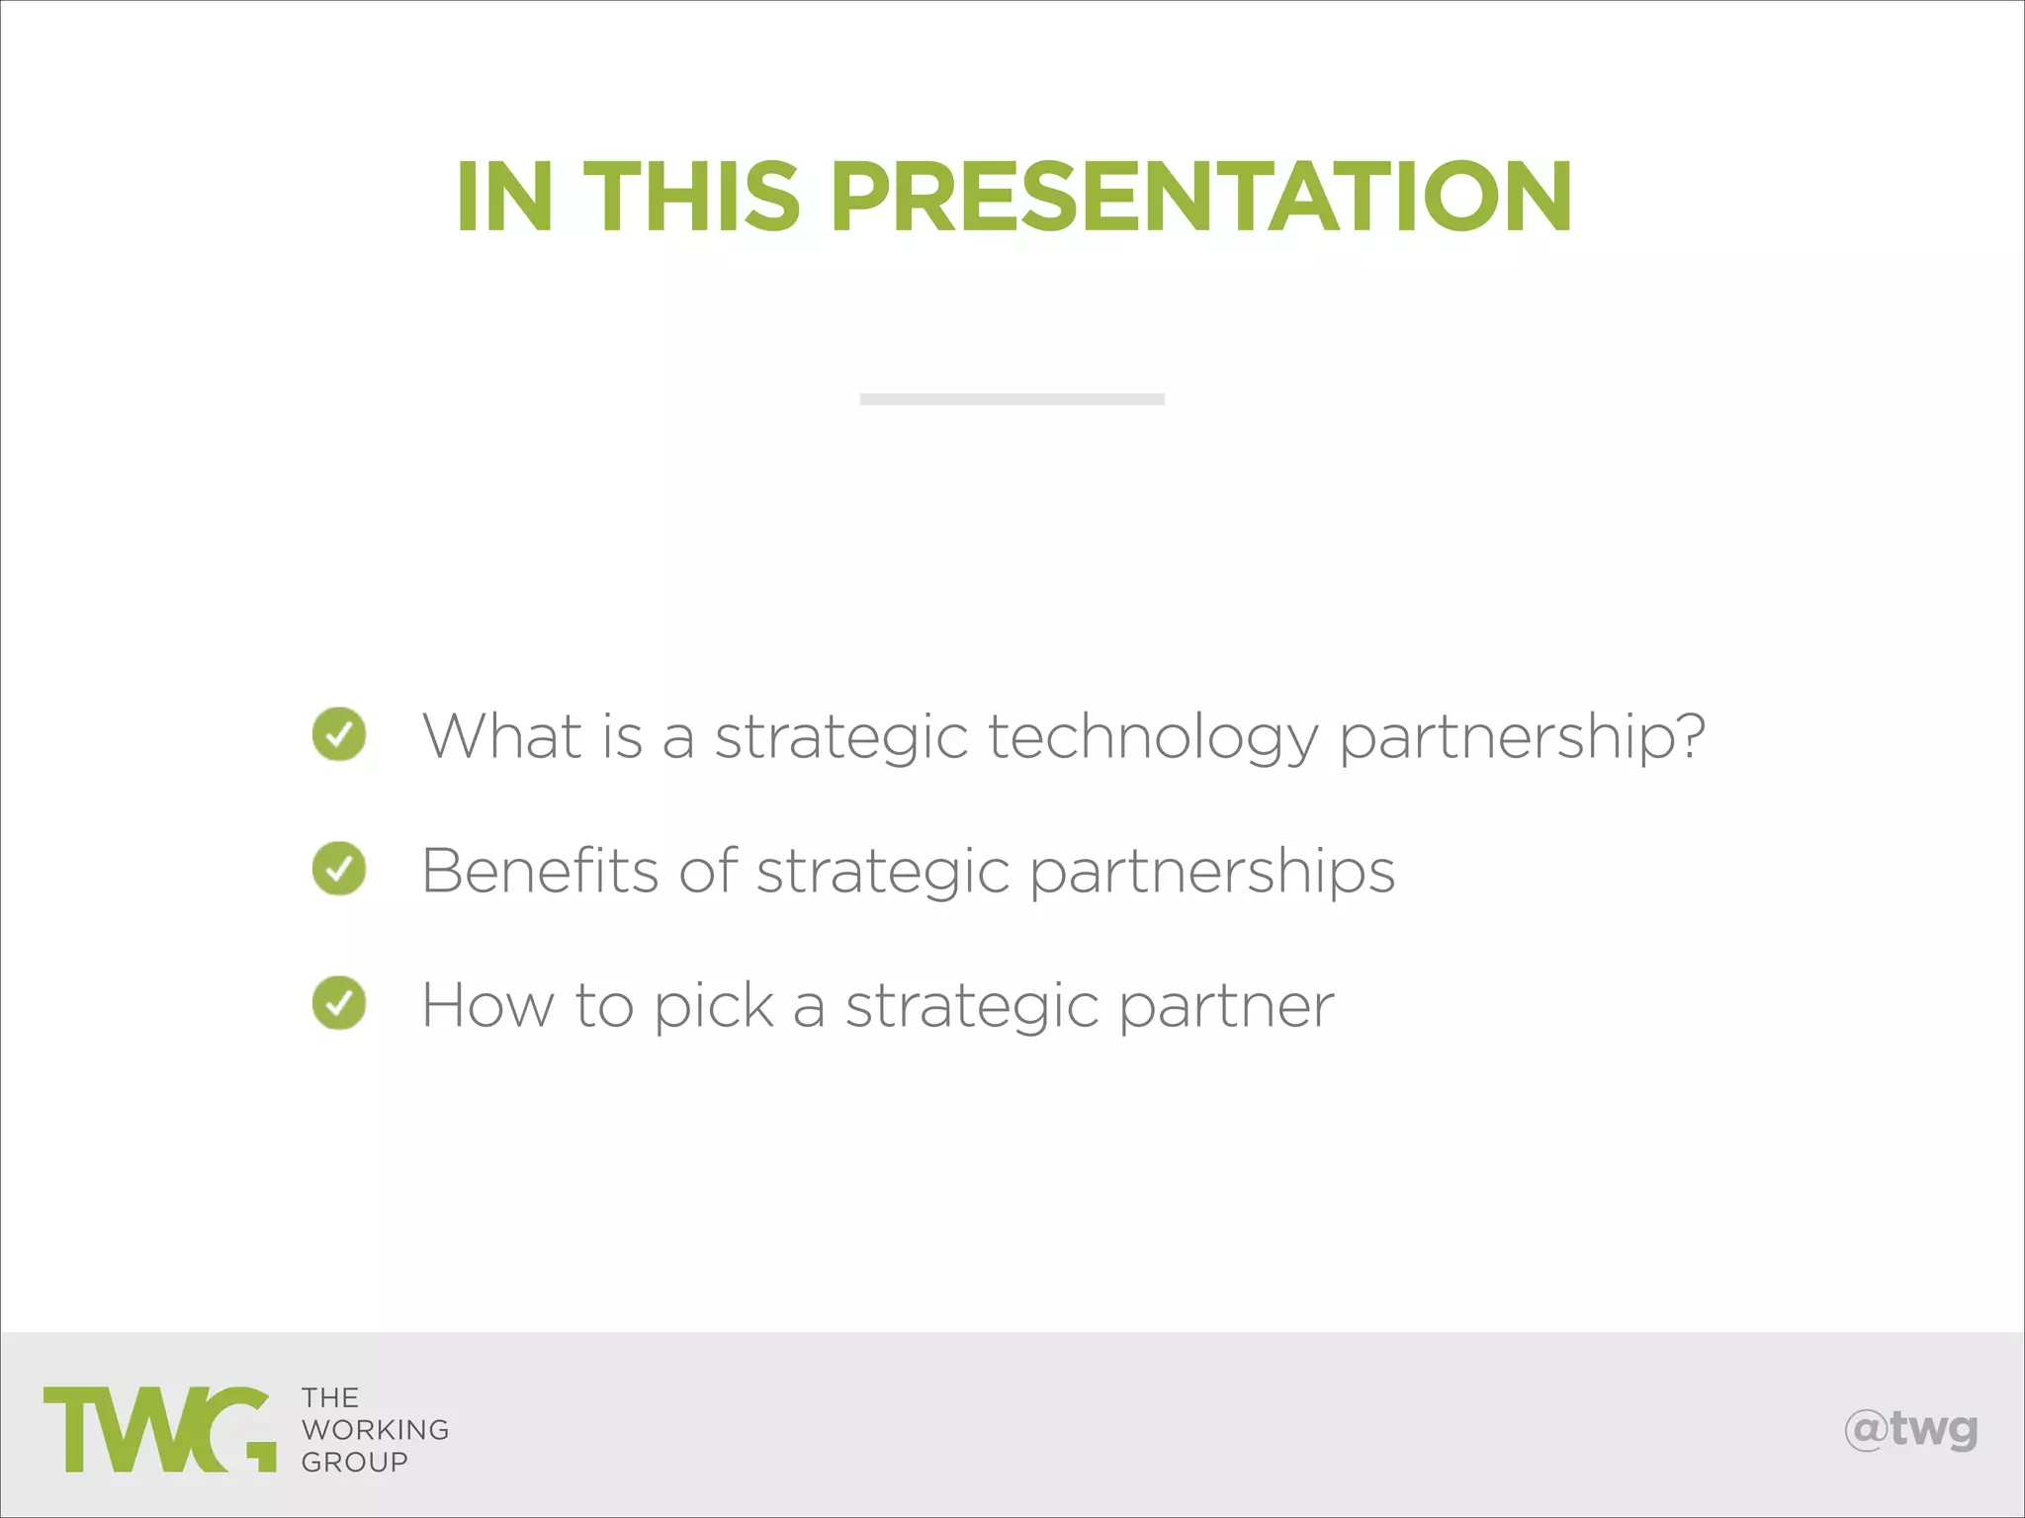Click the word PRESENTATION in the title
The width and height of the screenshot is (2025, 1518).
pyautogui.click(x=1200, y=197)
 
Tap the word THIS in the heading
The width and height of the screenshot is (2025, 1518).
pyautogui.click(x=691, y=197)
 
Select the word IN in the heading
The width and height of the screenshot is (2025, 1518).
pyautogui.click(x=503, y=197)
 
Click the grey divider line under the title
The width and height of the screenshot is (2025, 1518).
pyautogui.click(x=1012, y=399)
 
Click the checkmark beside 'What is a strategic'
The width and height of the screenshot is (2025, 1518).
pyautogui.click(x=339, y=734)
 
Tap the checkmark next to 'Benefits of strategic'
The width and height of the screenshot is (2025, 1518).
pyautogui.click(x=339, y=869)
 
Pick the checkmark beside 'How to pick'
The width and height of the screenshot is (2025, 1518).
pyautogui.click(x=339, y=1003)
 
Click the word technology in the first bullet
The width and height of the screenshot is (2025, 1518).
pyautogui.click(x=1153, y=737)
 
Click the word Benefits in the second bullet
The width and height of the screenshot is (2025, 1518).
pyautogui.click(x=540, y=871)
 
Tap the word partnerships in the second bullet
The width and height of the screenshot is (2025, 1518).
pyautogui.click(x=1212, y=873)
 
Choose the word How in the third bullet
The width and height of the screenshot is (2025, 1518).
pyautogui.click(x=487, y=1005)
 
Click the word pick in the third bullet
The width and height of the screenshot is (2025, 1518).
pyautogui.click(x=713, y=1006)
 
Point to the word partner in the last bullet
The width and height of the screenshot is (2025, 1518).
pyautogui.click(x=1226, y=1007)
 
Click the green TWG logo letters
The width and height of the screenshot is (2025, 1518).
pyautogui.click(x=159, y=1429)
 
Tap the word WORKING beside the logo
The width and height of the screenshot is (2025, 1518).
pyautogui.click(x=376, y=1430)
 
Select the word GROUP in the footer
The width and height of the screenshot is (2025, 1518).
pyautogui.click(x=355, y=1462)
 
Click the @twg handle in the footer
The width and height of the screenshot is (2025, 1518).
pyautogui.click(x=1910, y=1430)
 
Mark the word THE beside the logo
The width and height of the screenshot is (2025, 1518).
pyautogui.click(x=330, y=1398)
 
